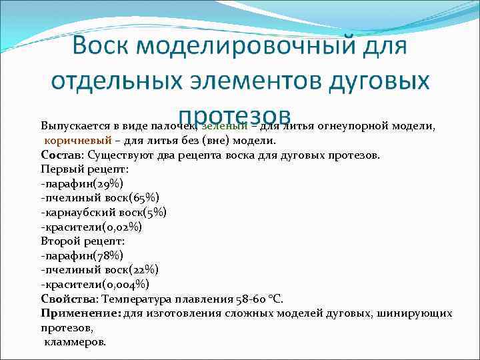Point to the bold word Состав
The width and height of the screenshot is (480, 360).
click(61, 155)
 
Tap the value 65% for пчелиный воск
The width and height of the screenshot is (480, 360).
click(144, 198)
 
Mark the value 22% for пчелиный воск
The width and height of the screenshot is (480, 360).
click(143, 270)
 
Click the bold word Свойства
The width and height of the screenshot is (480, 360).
click(69, 299)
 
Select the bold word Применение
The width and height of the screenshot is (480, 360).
click(79, 313)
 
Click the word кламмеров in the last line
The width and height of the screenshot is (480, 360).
click(75, 341)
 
